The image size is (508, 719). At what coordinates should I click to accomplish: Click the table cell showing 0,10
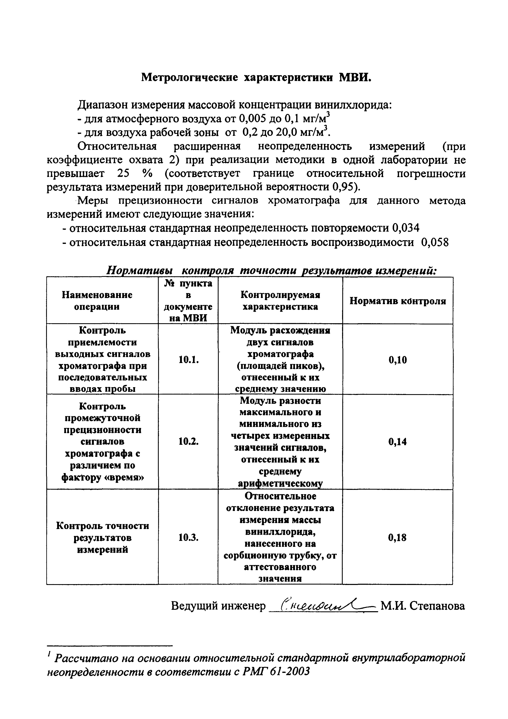(x=398, y=360)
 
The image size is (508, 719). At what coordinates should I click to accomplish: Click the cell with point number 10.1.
(x=188, y=360)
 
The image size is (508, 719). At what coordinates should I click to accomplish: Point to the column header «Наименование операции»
(x=97, y=301)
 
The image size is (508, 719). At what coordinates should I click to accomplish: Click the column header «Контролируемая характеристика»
(x=280, y=301)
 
